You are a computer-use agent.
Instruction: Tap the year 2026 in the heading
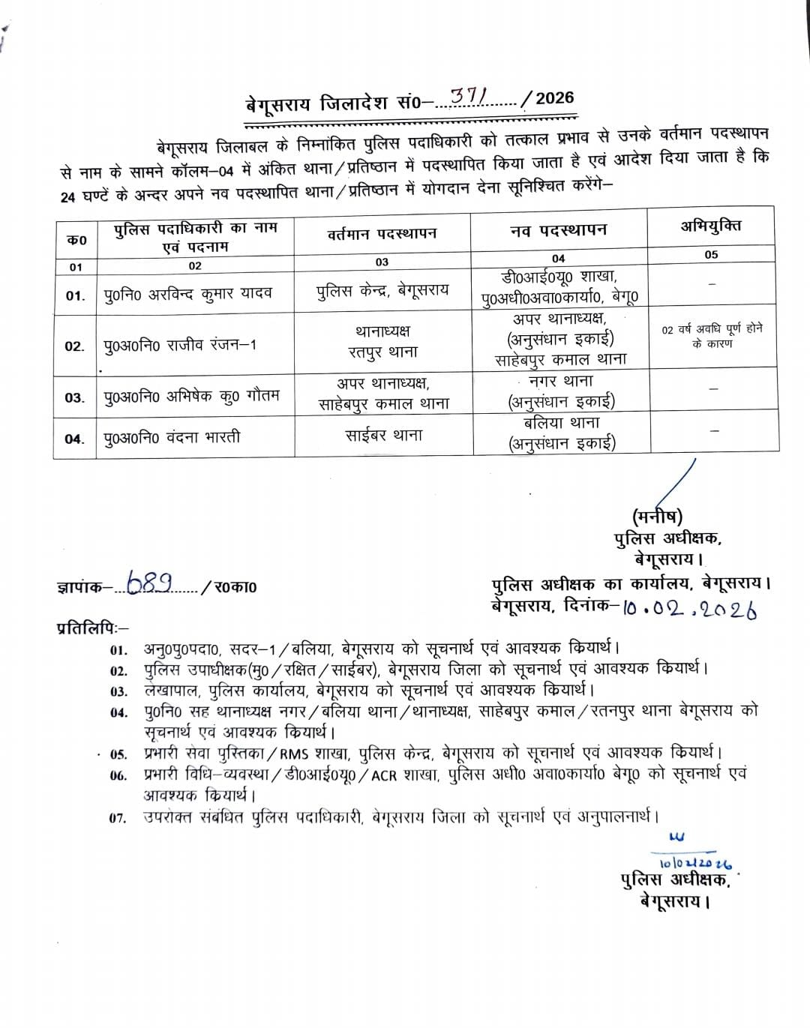(555, 97)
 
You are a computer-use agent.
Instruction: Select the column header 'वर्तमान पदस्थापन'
(382, 233)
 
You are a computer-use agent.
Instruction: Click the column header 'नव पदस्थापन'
(558, 230)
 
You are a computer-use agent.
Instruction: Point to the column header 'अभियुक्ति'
(710, 225)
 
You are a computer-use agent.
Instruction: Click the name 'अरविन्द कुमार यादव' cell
(189, 294)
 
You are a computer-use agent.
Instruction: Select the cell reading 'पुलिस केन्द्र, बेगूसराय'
(382, 290)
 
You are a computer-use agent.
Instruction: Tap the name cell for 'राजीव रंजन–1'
(180, 346)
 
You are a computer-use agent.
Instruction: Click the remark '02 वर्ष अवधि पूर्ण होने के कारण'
(712, 336)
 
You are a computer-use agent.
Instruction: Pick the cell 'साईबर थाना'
(383, 435)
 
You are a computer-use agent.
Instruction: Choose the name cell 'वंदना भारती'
(172, 437)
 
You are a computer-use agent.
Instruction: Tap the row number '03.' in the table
(75, 398)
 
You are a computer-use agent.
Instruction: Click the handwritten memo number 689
(150, 583)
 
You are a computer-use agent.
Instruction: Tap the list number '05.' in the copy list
(118, 754)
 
